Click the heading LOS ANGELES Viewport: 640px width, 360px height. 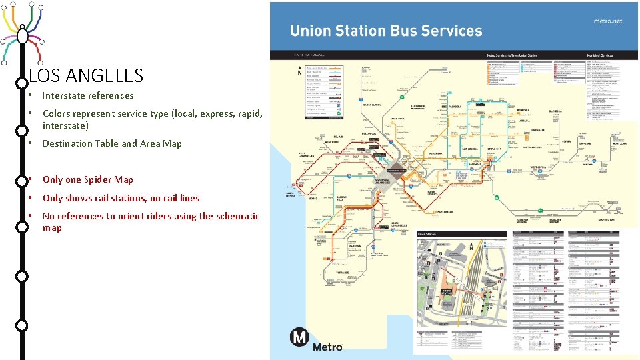coord(87,75)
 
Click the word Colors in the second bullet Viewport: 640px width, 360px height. coord(57,113)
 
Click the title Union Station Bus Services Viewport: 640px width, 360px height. coord(385,31)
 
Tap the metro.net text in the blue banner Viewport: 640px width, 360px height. coord(607,21)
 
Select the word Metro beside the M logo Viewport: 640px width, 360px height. coord(327,346)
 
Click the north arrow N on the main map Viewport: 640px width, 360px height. coord(299,70)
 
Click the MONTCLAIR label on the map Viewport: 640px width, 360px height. coord(619,143)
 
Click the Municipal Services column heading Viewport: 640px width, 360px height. coord(599,55)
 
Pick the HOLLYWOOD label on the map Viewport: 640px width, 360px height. coord(369,133)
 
